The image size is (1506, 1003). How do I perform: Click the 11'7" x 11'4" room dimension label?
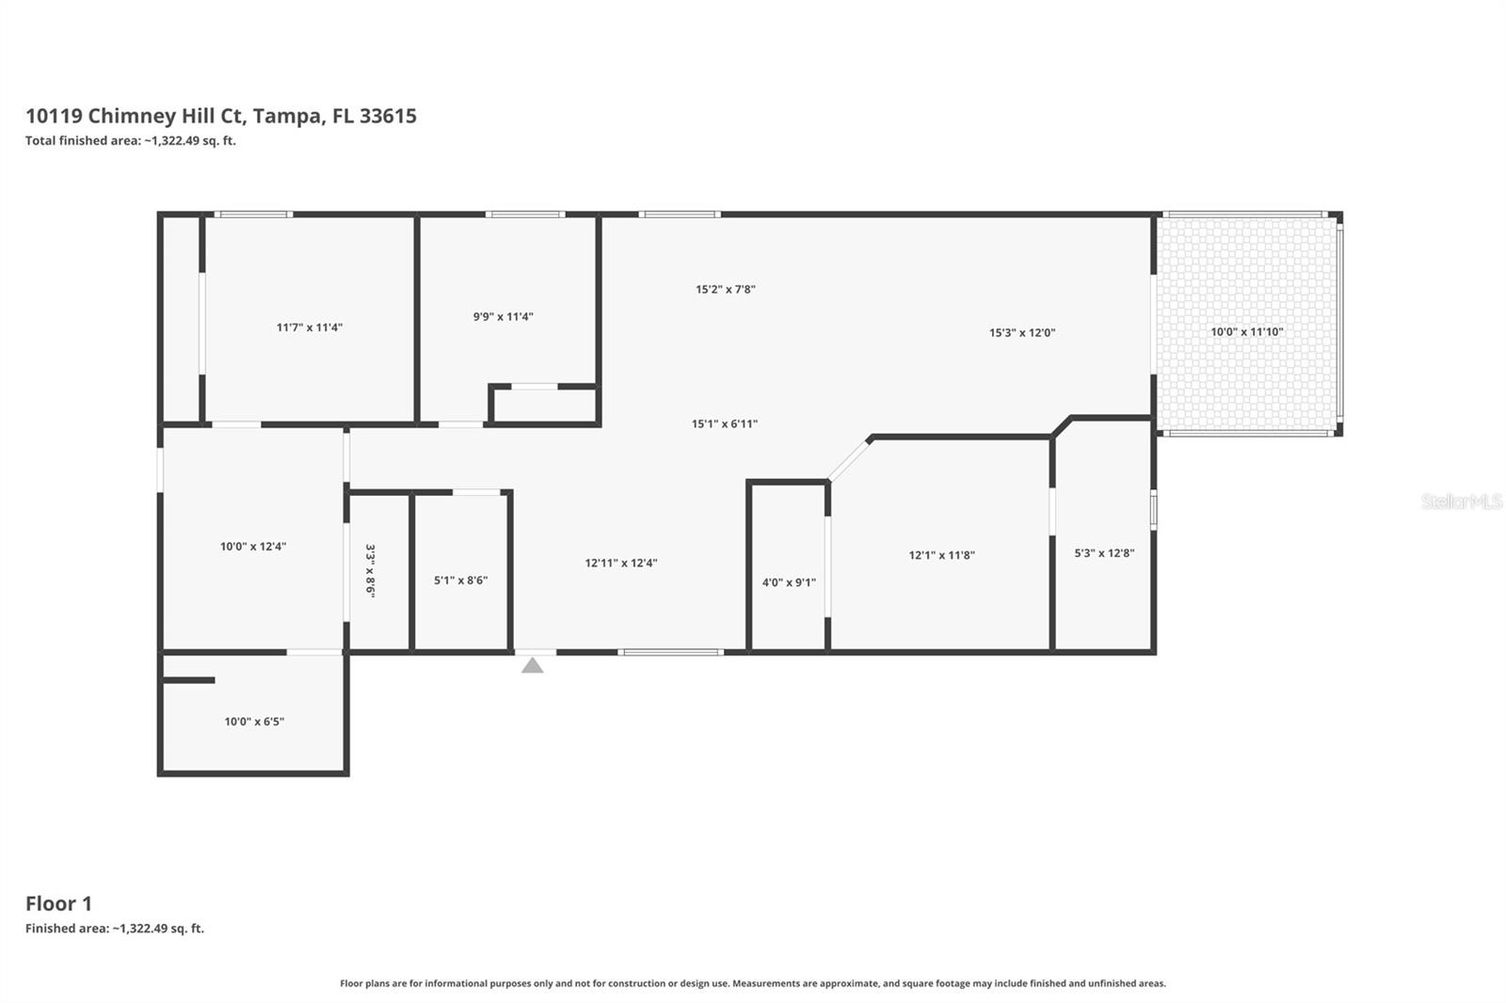point(309,327)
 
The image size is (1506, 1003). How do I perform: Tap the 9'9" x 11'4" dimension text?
point(503,317)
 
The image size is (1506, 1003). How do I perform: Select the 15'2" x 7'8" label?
point(725,290)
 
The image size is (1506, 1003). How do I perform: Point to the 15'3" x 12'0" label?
point(1021,333)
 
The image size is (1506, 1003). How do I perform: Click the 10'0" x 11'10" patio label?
point(1246,332)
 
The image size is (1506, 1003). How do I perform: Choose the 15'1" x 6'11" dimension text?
point(724,424)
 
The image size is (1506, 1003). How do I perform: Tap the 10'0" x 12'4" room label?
point(252,547)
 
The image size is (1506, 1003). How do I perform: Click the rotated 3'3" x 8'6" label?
point(370,571)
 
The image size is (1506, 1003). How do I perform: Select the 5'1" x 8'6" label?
point(460,581)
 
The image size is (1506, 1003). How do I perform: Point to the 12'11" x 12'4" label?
point(620,564)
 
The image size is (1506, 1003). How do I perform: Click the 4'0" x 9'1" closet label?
point(789,582)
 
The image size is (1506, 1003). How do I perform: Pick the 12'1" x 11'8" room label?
point(941,555)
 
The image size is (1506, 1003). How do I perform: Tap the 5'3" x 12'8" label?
point(1104,553)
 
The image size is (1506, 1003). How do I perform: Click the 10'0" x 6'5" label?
point(254,722)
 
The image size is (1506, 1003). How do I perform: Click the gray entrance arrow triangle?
point(533,666)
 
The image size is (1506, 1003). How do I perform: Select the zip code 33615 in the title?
point(388,116)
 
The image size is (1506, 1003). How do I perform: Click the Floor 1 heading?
point(58,903)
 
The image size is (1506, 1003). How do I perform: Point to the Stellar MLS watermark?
point(1461,501)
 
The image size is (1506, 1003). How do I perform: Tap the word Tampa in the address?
point(287,116)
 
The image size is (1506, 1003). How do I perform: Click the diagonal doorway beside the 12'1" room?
point(849,460)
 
